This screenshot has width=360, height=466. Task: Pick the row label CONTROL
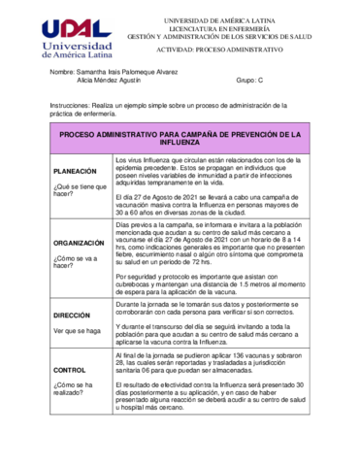pyautogui.click(x=70, y=371)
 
